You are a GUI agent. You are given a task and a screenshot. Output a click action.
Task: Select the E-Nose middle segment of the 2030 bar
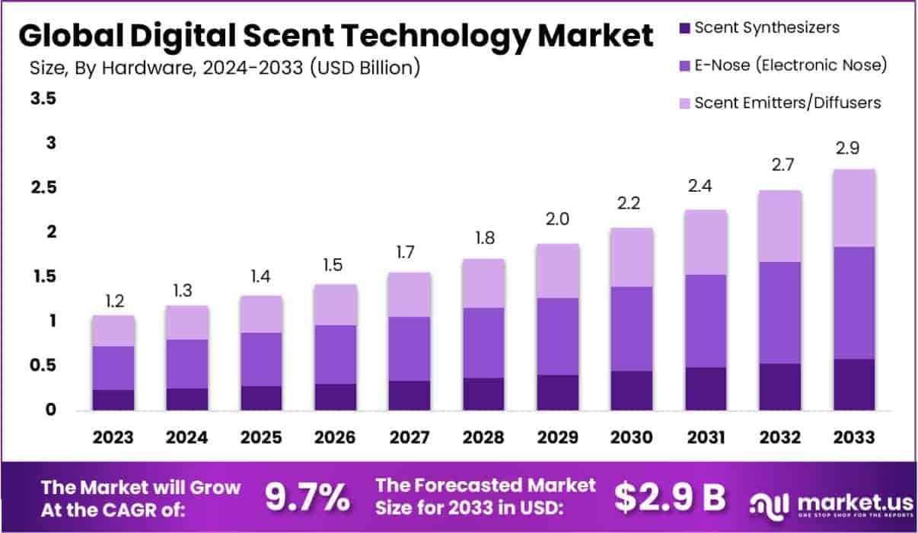click(x=631, y=329)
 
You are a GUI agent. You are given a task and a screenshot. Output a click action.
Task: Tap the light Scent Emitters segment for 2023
click(x=113, y=330)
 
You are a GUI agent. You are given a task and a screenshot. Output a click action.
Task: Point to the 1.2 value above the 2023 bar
click(x=113, y=302)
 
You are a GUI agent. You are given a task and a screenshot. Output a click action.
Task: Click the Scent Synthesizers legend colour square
click(x=683, y=28)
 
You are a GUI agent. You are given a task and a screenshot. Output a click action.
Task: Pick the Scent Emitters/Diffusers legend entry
click(x=788, y=102)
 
